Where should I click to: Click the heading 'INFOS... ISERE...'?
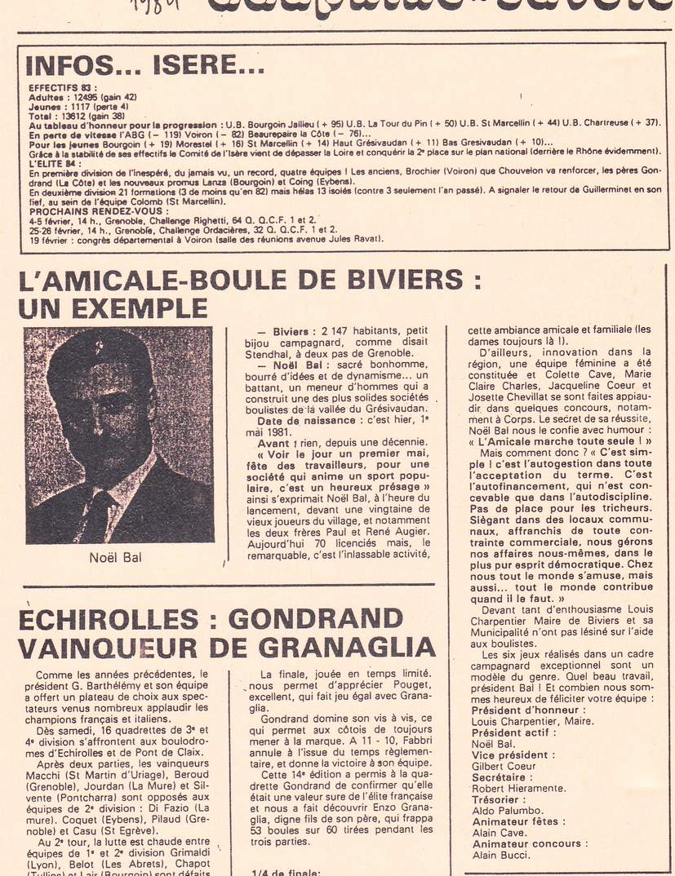point(140,64)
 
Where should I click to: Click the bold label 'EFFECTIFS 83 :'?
point(62,86)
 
